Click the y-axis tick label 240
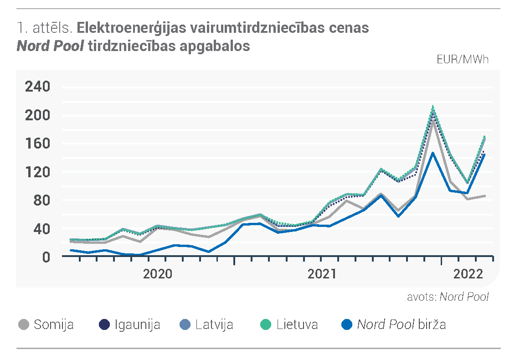pyautogui.click(x=37, y=87)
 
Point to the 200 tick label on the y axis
pyautogui.click(x=37, y=115)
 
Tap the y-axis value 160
pyautogui.click(x=37, y=144)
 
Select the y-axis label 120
pyautogui.click(x=37, y=172)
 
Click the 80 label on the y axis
pyautogui.click(x=42, y=201)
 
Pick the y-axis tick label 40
pyautogui.click(x=42, y=229)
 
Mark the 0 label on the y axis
pyautogui.click(x=46, y=257)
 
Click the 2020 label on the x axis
pyautogui.click(x=158, y=274)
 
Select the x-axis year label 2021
pyautogui.click(x=322, y=274)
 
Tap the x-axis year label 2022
pyautogui.click(x=469, y=274)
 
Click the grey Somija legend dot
pyautogui.click(x=24, y=325)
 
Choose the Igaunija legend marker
pyautogui.click(x=104, y=325)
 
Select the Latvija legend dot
pyautogui.click(x=185, y=325)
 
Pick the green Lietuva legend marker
pyautogui.click(x=266, y=325)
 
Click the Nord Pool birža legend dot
pyautogui.click(x=347, y=325)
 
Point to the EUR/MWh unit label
pyautogui.click(x=463, y=59)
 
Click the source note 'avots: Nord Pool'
pyautogui.click(x=448, y=297)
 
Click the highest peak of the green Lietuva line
pyautogui.click(x=433, y=107)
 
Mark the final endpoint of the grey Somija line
pyautogui.click(x=485, y=196)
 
